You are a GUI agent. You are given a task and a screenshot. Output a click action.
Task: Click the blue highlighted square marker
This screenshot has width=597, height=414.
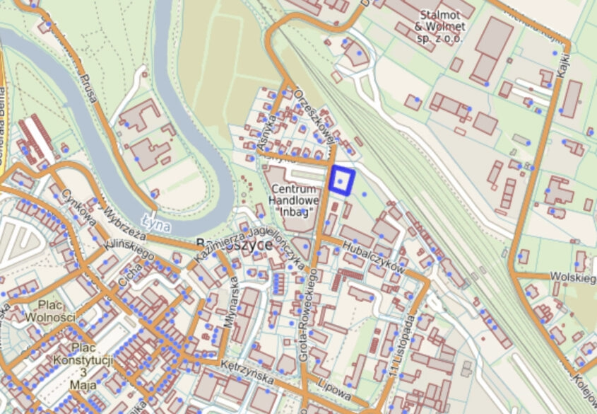(342, 180)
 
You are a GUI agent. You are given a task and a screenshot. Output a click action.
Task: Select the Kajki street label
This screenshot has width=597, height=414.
(563, 51)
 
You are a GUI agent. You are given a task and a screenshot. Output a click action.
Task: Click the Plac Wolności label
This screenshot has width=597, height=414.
(49, 311)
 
